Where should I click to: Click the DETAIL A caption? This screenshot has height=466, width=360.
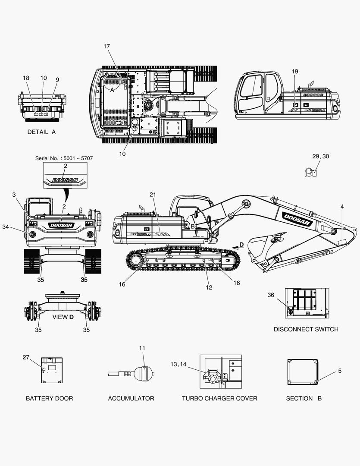click(41, 132)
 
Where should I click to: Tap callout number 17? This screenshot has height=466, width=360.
click(106, 46)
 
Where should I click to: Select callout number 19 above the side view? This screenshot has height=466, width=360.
click(294, 71)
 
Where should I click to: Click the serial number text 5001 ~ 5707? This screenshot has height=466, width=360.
click(78, 158)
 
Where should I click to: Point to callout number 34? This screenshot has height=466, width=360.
click(6, 227)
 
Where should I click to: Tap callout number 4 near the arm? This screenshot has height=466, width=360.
click(342, 207)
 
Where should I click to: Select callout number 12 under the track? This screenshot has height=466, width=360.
click(209, 287)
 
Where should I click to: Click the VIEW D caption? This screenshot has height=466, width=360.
click(63, 317)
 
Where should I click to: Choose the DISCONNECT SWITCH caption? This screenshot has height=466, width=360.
click(306, 329)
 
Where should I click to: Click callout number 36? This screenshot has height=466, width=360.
click(271, 295)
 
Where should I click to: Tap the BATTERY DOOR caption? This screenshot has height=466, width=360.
click(49, 399)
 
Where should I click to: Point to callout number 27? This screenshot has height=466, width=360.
click(26, 357)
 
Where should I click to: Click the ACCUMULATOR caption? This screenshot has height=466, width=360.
click(131, 399)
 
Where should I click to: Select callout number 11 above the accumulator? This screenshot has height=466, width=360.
click(142, 348)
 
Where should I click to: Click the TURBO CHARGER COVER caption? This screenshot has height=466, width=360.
click(219, 399)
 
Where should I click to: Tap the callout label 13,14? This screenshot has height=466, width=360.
click(178, 364)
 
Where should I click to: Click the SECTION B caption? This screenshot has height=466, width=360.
click(304, 399)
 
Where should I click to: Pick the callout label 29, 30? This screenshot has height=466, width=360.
click(320, 156)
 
